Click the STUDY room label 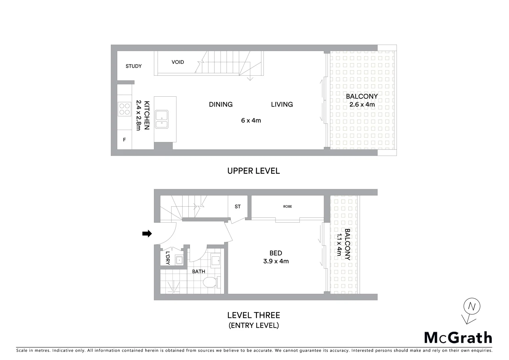(x=134, y=66)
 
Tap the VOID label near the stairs (x=178, y=62)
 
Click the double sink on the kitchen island (x=162, y=119)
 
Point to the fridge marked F (x=124, y=140)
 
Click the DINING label (x=221, y=104)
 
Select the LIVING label (x=282, y=104)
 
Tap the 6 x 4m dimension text (x=251, y=120)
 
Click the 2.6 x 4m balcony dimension (x=362, y=105)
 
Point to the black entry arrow (x=147, y=234)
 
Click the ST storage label (x=238, y=207)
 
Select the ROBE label (x=287, y=207)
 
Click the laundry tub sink (x=179, y=260)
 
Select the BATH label (x=199, y=271)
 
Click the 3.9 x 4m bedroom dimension (x=276, y=261)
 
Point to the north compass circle (x=471, y=306)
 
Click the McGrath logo (x=458, y=338)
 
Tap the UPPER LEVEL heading (x=254, y=171)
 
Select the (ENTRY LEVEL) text (x=254, y=325)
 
